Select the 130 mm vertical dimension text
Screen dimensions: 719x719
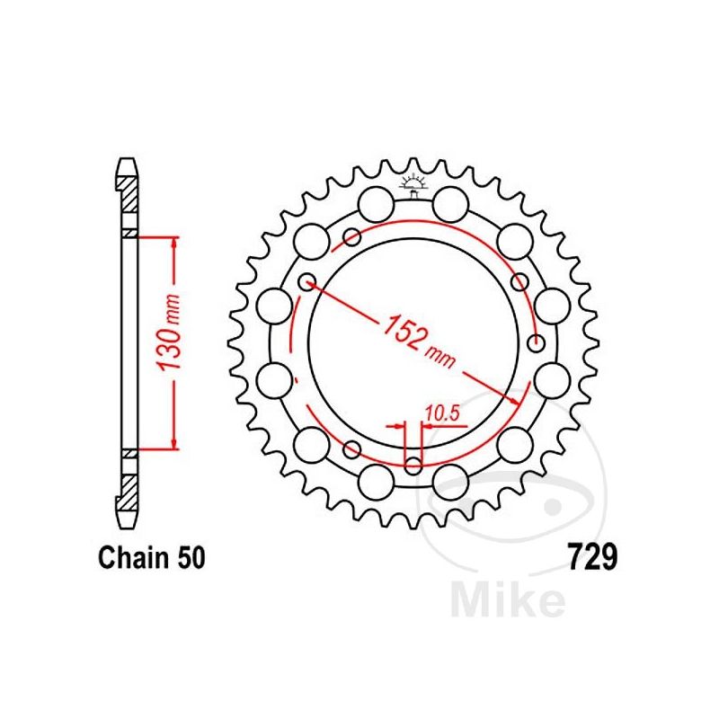(x=168, y=332)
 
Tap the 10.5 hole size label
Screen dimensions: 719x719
(x=442, y=413)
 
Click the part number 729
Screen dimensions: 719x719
(x=593, y=556)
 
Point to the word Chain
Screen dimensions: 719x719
(x=133, y=557)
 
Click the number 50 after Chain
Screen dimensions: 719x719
(x=191, y=557)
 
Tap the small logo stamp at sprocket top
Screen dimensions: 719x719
(x=413, y=186)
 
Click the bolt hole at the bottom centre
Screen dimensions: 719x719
(x=413, y=466)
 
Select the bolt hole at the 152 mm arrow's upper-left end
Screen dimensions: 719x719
(x=307, y=281)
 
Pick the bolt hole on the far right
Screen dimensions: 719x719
(x=536, y=342)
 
